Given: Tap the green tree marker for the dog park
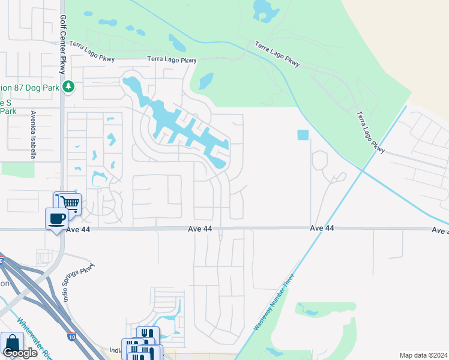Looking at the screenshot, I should pyautogui.click(x=68, y=87).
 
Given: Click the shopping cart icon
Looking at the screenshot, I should pyautogui.click(x=69, y=203).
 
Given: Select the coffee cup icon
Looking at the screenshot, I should pyautogui.click(x=58, y=218).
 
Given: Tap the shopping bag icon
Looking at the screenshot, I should pyautogui.click(x=12, y=343).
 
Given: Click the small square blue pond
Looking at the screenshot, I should pyautogui.click(x=303, y=136).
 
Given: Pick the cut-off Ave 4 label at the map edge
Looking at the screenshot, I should pyautogui.click(x=441, y=230).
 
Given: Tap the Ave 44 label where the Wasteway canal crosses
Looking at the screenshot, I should pyautogui.click(x=322, y=229).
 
